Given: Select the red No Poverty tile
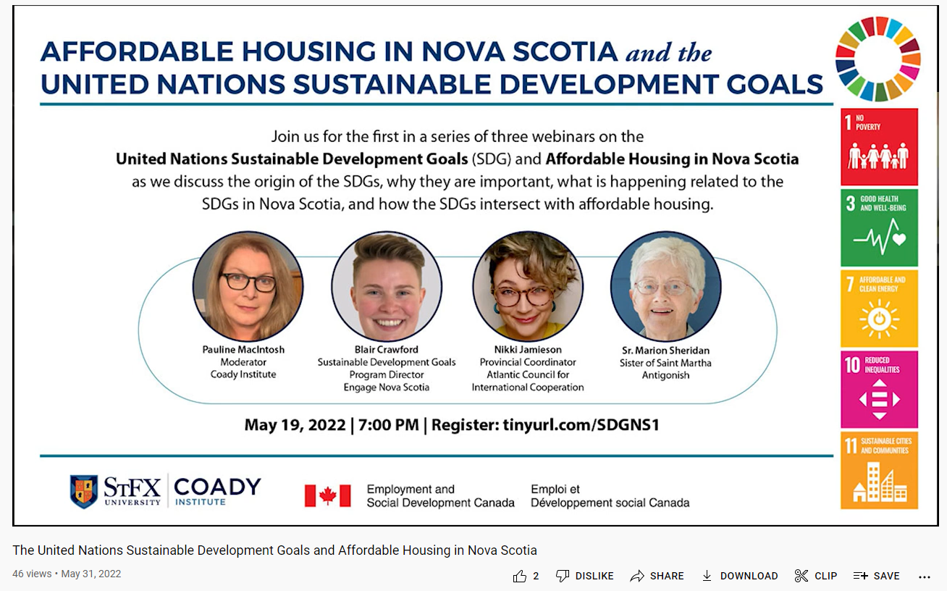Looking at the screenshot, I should tap(879, 147).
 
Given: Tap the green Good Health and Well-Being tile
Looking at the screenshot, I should tap(879, 228).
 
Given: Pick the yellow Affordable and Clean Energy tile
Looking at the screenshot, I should tap(879, 309).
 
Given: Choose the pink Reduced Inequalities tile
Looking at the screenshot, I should tap(879, 389).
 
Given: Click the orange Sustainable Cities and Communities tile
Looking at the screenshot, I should tap(879, 470).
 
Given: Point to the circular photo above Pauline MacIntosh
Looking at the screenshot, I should tap(248, 286).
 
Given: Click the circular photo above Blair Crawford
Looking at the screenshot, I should tap(387, 286).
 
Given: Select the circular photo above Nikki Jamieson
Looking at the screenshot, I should tap(528, 286).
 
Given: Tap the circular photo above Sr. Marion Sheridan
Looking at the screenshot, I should tap(665, 286).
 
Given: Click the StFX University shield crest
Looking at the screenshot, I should tap(84, 491).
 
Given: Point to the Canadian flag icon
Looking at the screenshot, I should tap(327, 495).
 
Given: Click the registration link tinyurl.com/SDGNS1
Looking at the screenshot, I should tap(581, 424).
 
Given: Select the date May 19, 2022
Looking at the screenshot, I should tap(295, 424).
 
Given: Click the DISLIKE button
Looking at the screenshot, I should tap(585, 576).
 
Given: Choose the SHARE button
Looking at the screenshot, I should tap(657, 576).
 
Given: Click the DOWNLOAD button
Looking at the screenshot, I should tap(739, 576).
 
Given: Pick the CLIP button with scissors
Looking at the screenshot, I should tap(815, 576).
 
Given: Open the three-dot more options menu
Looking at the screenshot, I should tap(924, 577).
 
